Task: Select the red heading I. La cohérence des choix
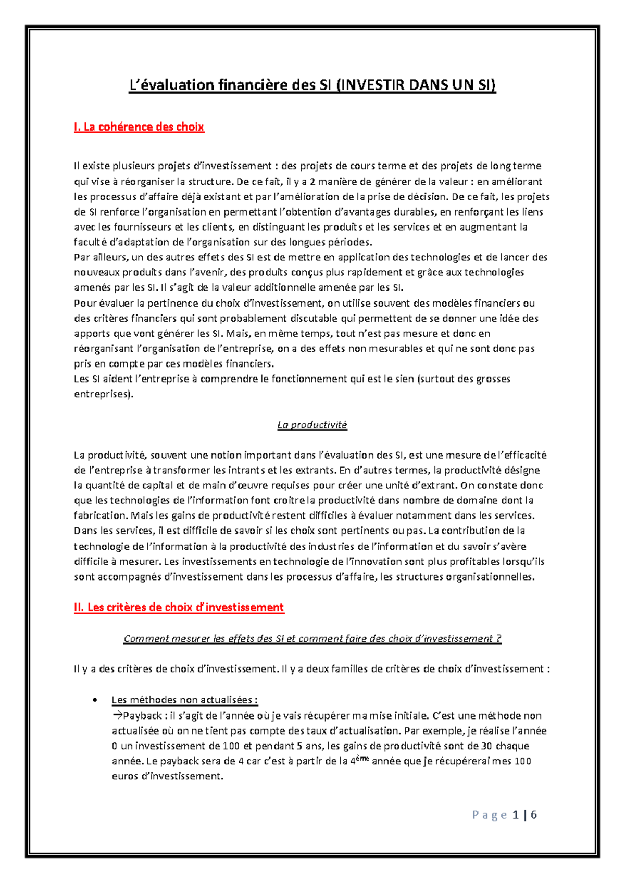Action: (x=139, y=127)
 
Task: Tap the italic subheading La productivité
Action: (x=312, y=425)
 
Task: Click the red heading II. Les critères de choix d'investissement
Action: (x=179, y=607)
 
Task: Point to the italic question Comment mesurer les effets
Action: (x=312, y=638)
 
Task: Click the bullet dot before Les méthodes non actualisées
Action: (x=94, y=700)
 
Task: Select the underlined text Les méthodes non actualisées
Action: (x=184, y=700)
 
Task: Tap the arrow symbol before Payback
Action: (x=117, y=715)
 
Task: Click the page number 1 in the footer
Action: (x=515, y=815)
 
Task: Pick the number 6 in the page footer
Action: (x=534, y=815)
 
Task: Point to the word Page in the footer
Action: (x=490, y=815)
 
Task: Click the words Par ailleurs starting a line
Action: (x=101, y=257)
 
